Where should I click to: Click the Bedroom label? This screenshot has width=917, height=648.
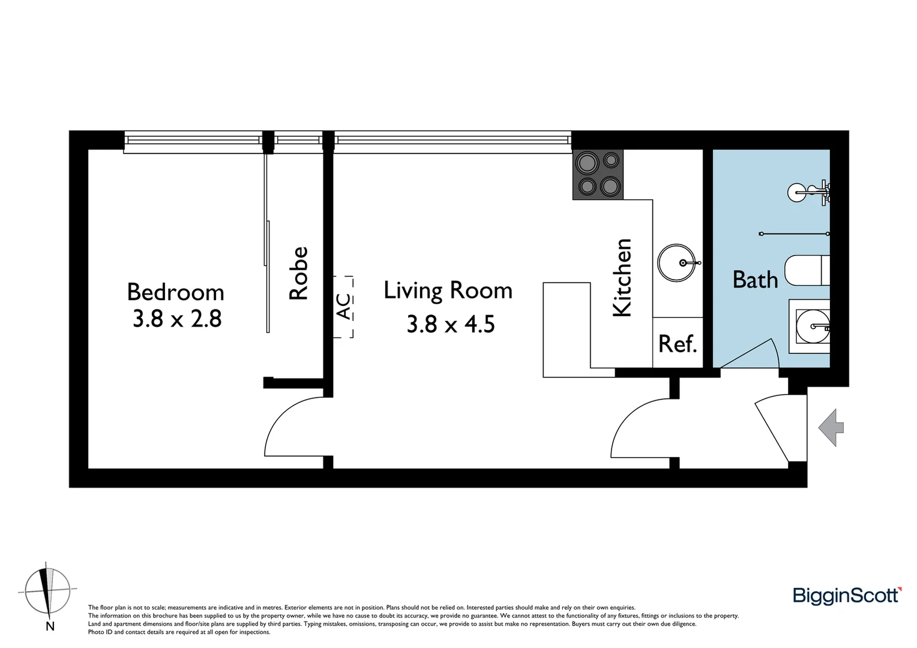tap(175, 292)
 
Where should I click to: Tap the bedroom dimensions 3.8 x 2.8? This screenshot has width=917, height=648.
tap(177, 319)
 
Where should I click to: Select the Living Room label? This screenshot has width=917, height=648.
tap(448, 290)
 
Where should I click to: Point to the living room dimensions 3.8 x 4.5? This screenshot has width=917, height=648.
tap(450, 324)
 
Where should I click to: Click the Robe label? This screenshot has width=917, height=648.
tap(298, 273)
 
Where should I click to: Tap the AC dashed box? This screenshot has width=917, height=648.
tap(343, 307)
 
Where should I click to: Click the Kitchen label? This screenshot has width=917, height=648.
tap(622, 277)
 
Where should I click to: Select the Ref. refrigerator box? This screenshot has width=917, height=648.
tap(678, 343)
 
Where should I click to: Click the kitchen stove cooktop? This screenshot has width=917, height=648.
tap(598, 174)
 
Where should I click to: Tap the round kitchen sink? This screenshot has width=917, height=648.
tap(676, 263)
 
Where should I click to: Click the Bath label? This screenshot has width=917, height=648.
tap(755, 280)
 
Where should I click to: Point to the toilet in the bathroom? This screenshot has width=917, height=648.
tap(806, 271)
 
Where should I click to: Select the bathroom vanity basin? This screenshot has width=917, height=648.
tap(810, 327)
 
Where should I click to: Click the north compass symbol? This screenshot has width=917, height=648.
tap(46, 590)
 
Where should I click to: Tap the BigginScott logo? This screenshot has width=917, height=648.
tap(847, 595)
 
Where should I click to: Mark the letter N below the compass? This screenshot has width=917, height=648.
tap(50, 627)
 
